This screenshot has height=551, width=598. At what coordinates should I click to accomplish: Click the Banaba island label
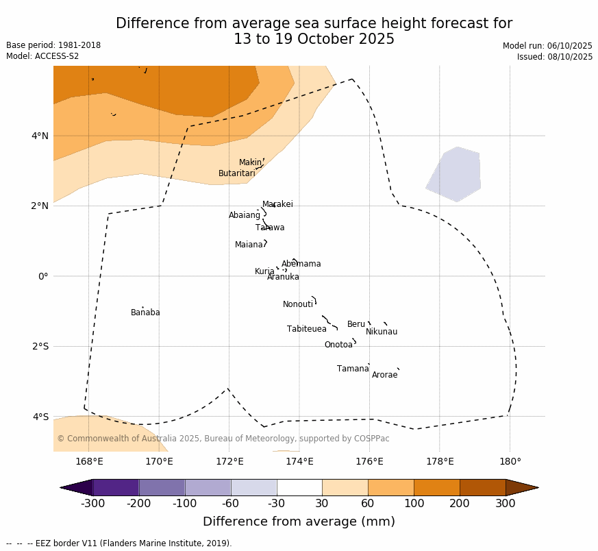(x=145, y=313)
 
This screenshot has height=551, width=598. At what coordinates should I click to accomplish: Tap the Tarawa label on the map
(x=270, y=228)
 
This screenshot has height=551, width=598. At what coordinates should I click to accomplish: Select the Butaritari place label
(x=236, y=173)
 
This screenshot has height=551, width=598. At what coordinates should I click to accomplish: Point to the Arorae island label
(x=384, y=375)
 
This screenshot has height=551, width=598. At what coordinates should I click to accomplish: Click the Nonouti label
(x=298, y=304)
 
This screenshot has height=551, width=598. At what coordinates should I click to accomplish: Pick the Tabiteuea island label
(x=306, y=329)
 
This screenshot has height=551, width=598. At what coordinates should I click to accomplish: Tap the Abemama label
(x=301, y=264)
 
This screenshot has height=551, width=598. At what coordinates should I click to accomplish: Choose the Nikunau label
(x=382, y=332)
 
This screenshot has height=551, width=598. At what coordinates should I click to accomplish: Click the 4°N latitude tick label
(x=40, y=136)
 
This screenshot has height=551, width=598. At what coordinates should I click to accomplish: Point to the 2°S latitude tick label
(x=40, y=346)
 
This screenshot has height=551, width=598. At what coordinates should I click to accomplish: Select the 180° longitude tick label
(x=510, y=461)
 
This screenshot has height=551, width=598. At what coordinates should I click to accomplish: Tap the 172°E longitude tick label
(x=229, y=461)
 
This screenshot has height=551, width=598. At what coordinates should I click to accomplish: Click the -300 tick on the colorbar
(x=92, y=504)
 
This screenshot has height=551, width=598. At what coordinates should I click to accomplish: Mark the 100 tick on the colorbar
(x=414, y=504)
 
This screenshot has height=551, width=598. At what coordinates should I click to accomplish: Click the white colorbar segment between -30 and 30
(x=299, y=487)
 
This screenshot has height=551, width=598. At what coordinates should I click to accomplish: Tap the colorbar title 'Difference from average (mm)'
(x=299, y=522)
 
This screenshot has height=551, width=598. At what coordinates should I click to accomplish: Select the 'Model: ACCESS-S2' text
(x=42, y=56)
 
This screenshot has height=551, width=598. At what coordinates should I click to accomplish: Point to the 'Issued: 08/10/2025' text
(x=555, y=57)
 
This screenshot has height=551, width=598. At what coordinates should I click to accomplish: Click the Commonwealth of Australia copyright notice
(x=223, y=439)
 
